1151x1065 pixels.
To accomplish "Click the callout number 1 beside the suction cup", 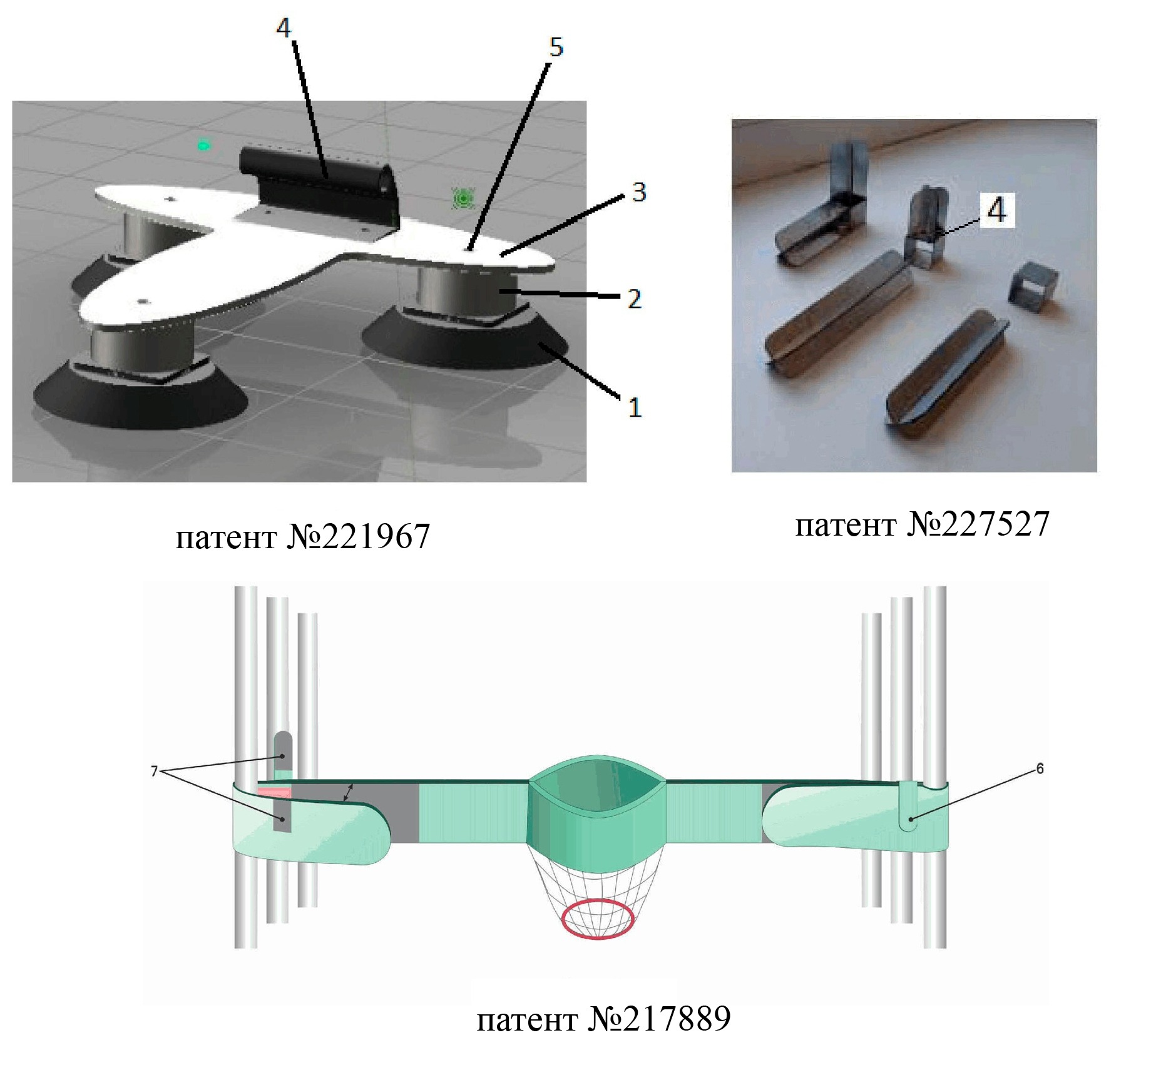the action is coord(635,407).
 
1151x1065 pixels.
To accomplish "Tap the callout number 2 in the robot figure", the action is coord(634,299).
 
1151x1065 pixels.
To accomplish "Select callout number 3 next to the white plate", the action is coord(638,192).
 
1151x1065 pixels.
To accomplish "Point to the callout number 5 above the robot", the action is coord(556,47).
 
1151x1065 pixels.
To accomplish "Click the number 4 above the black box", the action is coord(284,28).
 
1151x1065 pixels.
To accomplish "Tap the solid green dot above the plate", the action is coord(203,146).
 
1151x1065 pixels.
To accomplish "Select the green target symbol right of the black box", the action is coord(463,199).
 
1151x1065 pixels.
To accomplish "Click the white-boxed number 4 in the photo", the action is coord(996,209).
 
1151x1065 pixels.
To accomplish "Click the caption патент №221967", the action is coord(303,536).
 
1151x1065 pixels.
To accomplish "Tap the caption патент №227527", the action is coord(922,524).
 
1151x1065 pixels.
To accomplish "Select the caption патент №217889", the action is coord(604,1019).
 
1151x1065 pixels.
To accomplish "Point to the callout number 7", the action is coord(154,772).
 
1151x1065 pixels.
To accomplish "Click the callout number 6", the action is coord(1040,768).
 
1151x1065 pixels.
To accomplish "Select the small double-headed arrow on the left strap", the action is coord(347,792).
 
